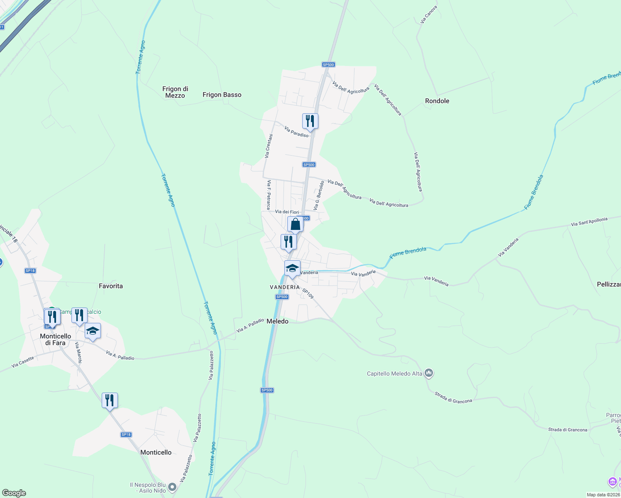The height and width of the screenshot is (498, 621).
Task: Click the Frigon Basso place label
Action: [x=222, y=95]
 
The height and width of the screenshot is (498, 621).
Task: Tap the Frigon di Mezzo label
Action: [x=175, y=92]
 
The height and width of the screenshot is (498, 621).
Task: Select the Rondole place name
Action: [x=437, y=101]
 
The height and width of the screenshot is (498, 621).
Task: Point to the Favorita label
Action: [x=111, y=286]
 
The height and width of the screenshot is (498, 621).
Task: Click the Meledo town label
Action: [x=277, y=321]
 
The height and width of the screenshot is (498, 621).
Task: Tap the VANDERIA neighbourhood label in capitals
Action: [x=285, y=287]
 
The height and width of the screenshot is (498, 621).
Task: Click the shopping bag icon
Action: [x=296, y=225]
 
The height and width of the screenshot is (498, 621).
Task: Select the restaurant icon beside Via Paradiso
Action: [x=310, y=121]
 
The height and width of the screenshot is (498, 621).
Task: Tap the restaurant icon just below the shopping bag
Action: [x=288, y=242]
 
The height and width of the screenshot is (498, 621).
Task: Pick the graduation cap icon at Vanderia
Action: [x=292, y=269]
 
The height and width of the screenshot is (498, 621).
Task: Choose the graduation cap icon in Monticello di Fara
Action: [x=93, y=331]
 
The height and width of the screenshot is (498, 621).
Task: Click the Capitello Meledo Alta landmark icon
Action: [x=429, y=373]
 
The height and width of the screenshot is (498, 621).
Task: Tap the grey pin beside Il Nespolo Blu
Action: [x=172, y=488]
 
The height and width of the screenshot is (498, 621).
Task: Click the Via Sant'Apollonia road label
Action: [x=589, y=222]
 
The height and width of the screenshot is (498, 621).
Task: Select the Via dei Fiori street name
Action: [x=287, y=212]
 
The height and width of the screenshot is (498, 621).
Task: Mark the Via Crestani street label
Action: [x=269, y=146]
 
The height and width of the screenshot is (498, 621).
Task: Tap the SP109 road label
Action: [x=308, y=294]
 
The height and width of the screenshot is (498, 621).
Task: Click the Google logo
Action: [x=14, y=493]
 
